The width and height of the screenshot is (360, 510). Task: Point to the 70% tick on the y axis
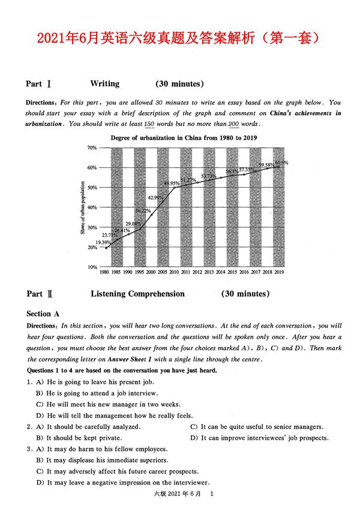pos(92,148)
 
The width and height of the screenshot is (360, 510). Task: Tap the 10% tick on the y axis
pos(92,267)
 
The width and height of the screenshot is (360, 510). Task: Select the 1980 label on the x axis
pos(104,273)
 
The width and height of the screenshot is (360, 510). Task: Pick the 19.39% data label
pos(105,242)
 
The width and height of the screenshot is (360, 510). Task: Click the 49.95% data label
pos(172,184)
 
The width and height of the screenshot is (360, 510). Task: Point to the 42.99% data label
pos(156,197)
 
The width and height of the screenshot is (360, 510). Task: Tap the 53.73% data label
pos(209,176)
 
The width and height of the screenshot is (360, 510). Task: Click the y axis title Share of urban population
pos(82,208)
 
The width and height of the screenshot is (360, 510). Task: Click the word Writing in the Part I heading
pos(104,84)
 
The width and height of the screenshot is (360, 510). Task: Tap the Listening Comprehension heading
pos(137,294)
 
